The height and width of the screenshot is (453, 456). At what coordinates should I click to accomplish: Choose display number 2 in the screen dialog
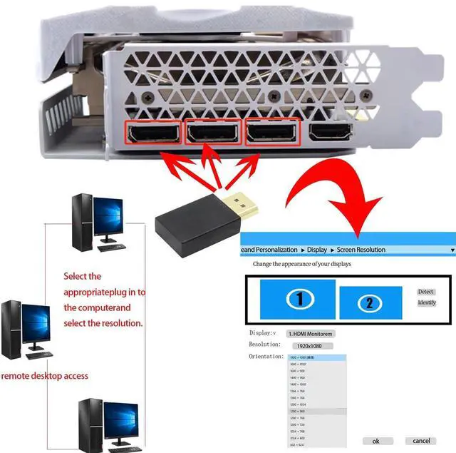[x=368, y=302]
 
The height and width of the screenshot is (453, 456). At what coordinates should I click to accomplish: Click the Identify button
[x=427, y=302]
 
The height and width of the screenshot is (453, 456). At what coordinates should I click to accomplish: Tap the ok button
[x=375, y=441]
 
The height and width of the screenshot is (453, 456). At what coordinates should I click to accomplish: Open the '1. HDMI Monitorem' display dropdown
[x=311, y=333]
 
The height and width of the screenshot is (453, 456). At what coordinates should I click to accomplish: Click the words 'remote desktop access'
[x=44, y=375]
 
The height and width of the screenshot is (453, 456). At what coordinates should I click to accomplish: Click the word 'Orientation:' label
[x=266, y=356]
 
